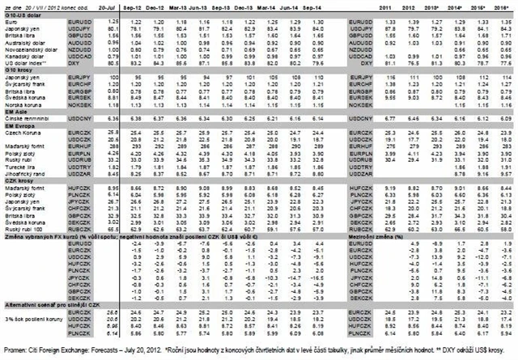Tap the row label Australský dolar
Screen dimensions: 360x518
[x=25, y=39]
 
